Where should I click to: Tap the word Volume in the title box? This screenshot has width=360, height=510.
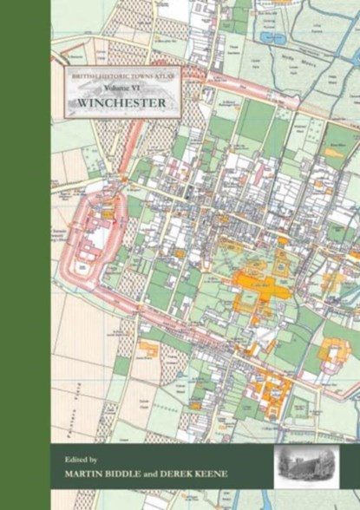pos(112,87)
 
